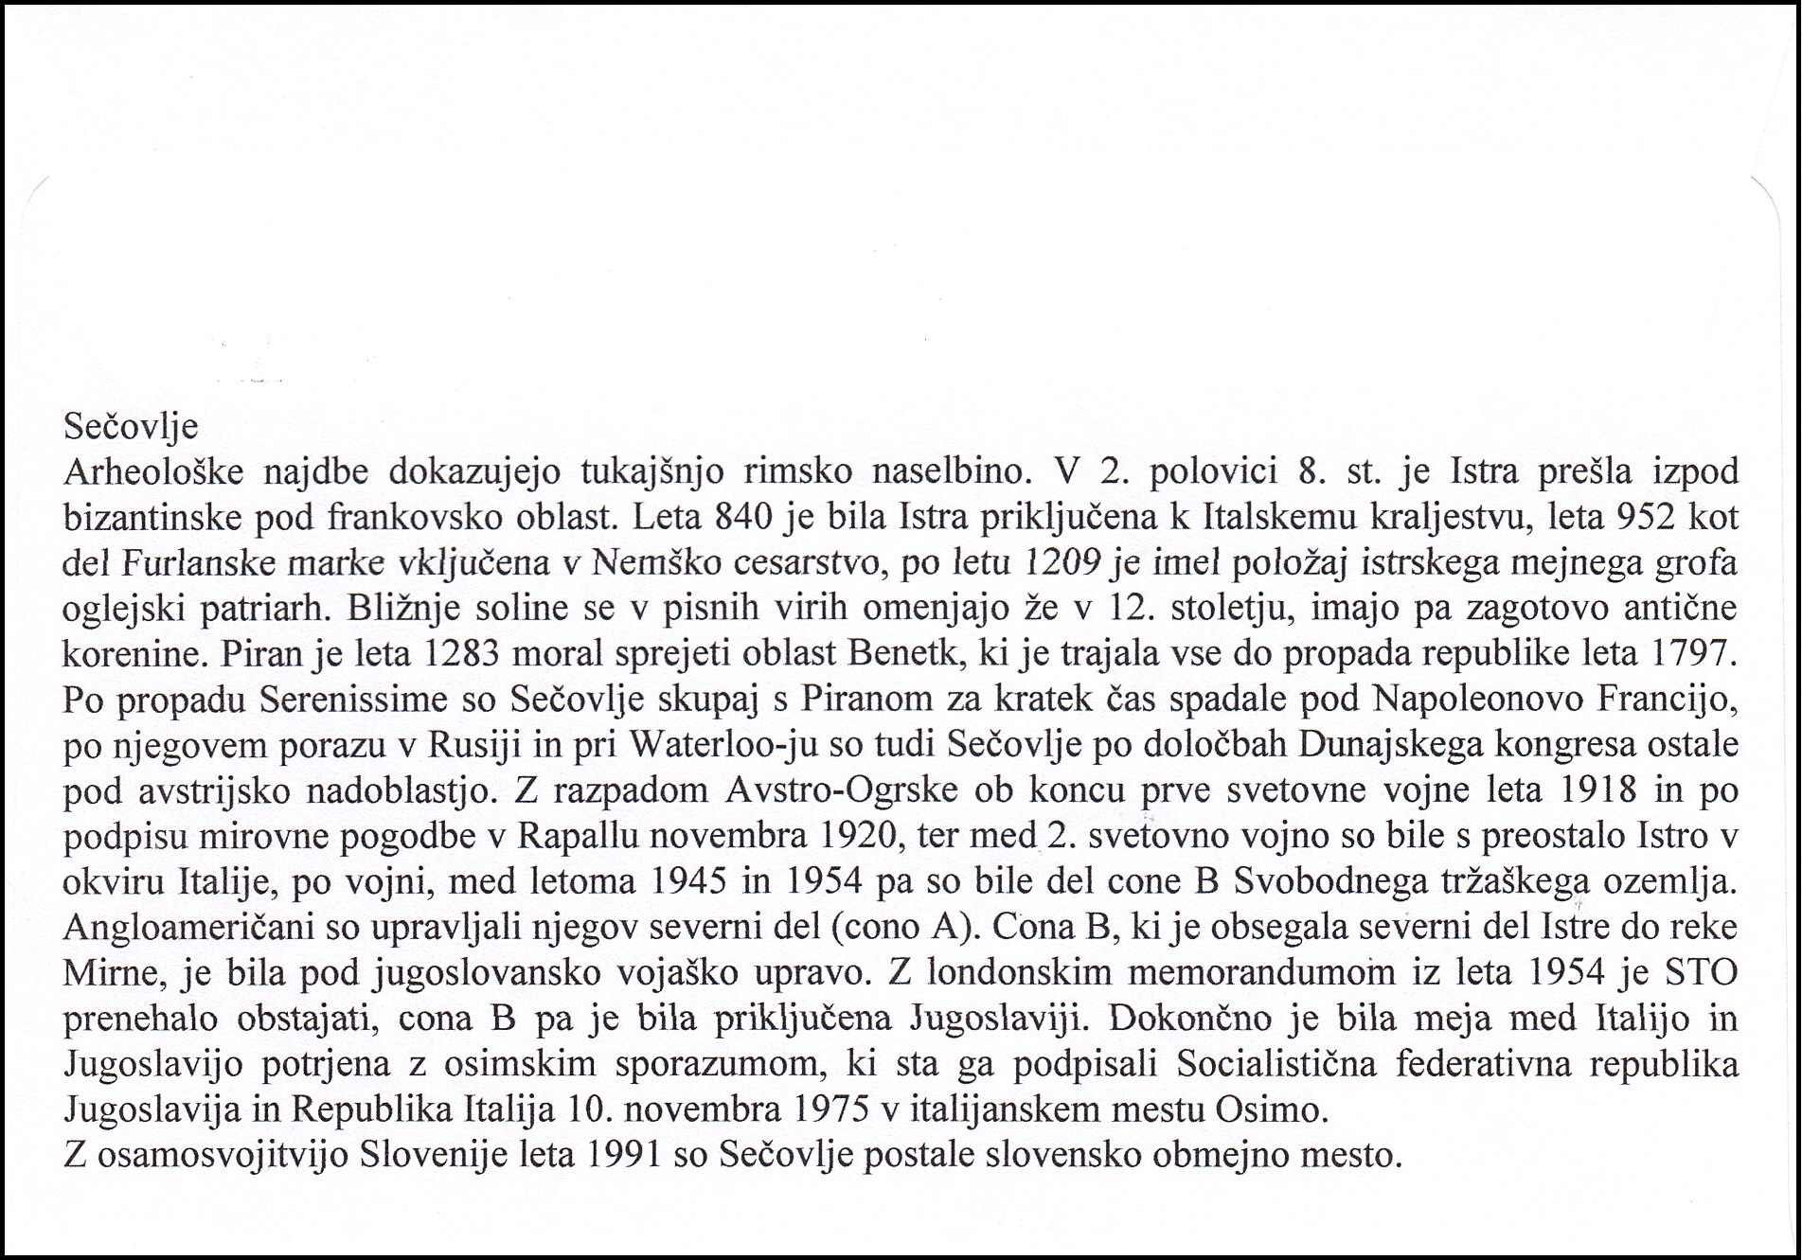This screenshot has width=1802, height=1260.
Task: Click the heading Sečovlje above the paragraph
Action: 131,427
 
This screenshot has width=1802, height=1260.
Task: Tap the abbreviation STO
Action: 1699,972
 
